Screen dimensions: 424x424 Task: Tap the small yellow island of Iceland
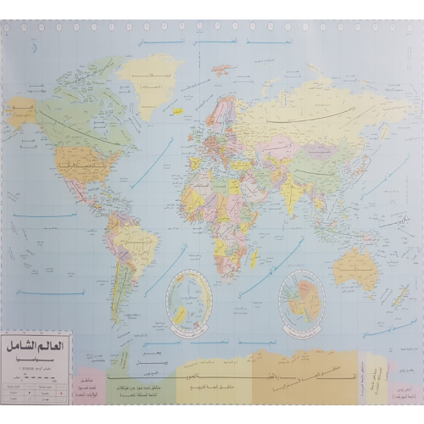[x=177, y=110]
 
